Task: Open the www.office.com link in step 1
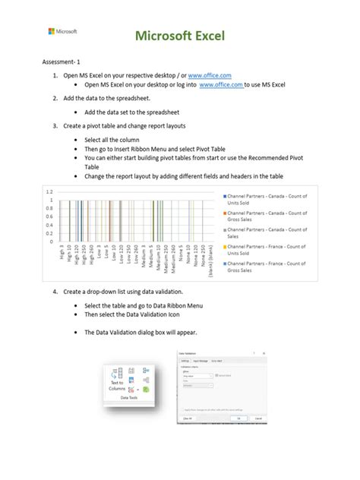[x=208, y=76]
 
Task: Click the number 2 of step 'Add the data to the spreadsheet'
[x=55, y=99]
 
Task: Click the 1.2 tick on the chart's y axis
[x=49, y=191]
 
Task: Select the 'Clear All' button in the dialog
[x=186, y=418]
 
